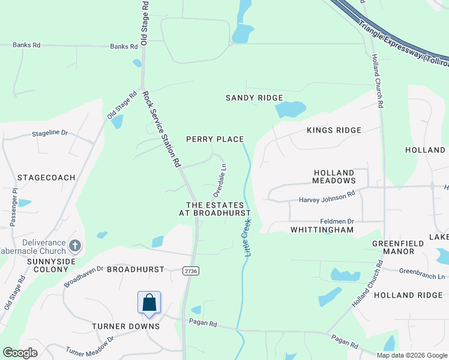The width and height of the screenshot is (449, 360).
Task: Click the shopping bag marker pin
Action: click(149, 303)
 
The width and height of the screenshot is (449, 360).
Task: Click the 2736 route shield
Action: click(191, 272)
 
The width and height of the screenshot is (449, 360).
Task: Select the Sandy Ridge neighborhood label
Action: click(254, 98)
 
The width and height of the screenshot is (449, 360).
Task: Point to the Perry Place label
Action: click(215, 139)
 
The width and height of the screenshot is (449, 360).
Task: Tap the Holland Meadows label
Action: click(334, 176)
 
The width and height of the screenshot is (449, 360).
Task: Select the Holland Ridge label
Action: click(403, 295)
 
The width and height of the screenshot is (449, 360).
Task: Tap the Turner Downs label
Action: click(126, 326)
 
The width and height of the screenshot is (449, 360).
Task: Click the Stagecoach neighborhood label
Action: click(46, 178)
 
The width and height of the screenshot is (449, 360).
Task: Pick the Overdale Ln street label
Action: click(220, 180)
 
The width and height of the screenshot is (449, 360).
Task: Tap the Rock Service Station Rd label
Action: click(161, 129)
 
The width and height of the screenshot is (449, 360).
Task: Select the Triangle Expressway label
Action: click(403, 41)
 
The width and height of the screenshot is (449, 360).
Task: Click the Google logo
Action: click(21, 353)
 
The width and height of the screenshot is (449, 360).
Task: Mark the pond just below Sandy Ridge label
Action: click(289, 109)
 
